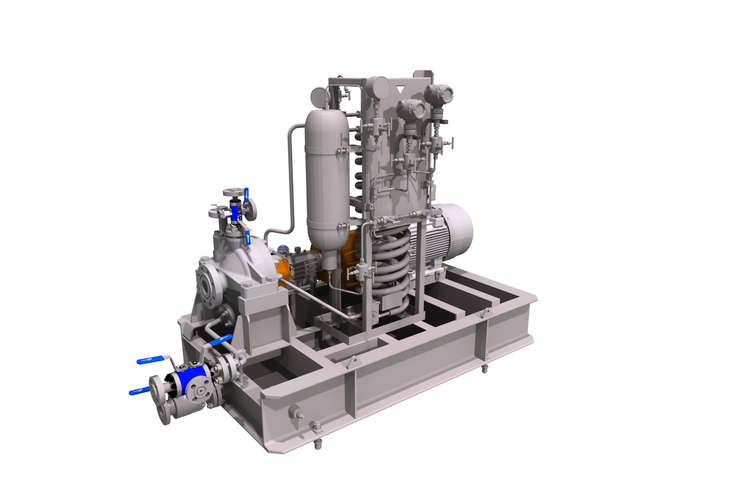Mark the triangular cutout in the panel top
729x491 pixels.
coord(400,89)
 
